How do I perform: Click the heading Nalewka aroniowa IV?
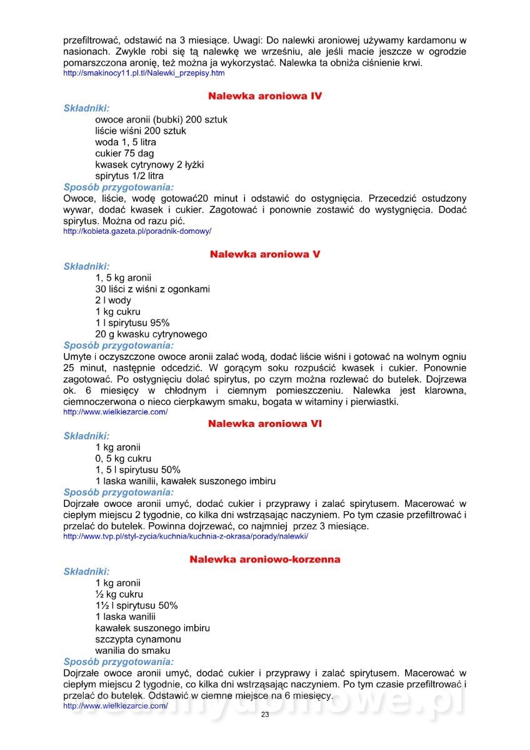265,96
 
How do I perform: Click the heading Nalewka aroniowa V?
265,254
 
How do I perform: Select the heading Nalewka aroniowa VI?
265,424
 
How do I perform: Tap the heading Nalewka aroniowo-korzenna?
265,559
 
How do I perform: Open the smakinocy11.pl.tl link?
144,73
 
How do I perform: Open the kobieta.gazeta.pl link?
137,231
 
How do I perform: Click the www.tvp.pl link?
186,536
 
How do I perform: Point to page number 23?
265,715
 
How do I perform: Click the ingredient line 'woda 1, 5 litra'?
126,142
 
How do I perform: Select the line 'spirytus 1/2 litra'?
129,176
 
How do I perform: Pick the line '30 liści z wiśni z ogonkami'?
152,289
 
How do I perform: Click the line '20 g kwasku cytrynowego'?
151,334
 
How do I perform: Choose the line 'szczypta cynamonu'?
138,639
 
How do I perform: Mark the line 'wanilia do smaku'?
132,651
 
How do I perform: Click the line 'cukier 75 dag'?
124,153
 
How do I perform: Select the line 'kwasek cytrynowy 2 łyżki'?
149,164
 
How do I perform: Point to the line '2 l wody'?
113,300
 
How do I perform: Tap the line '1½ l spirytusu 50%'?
136,606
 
